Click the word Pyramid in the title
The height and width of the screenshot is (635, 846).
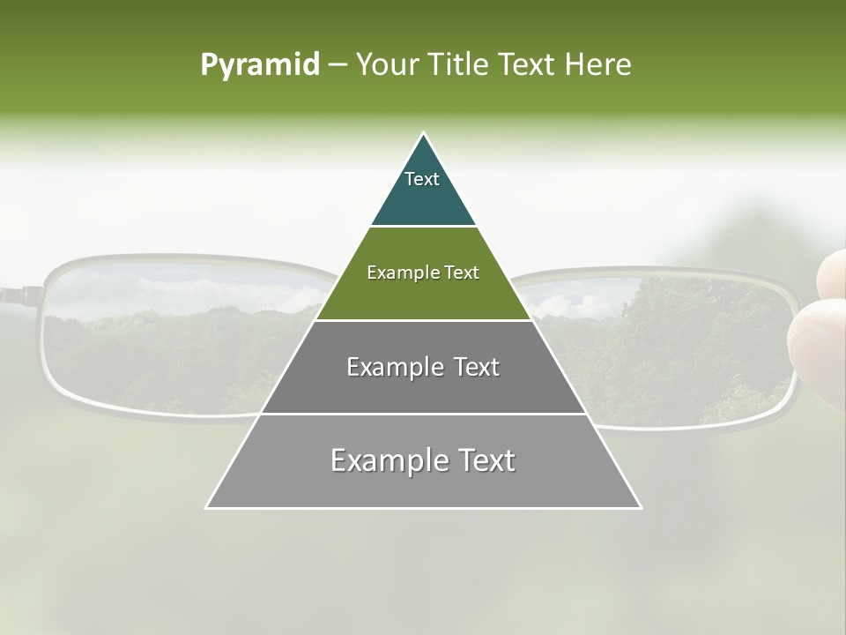tap(259, 65)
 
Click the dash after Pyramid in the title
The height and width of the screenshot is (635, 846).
tap(337, 65)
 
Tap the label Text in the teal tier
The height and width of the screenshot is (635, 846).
tap(422, 179)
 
